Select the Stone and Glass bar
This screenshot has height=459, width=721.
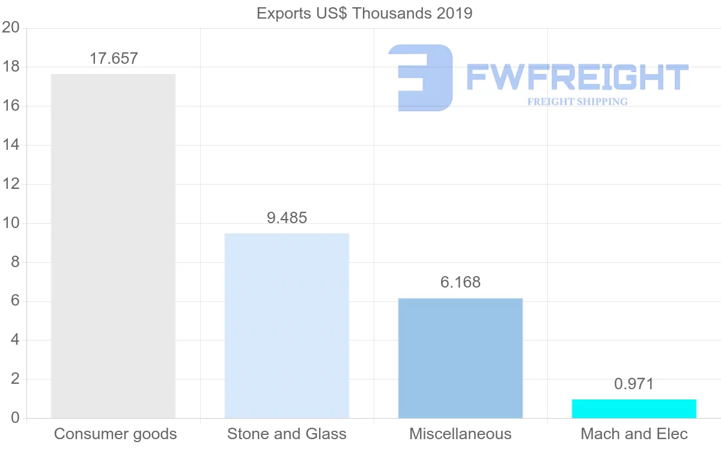tap(287, 325)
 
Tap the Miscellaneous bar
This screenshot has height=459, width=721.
tap(460, 358)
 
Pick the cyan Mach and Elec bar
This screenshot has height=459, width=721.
tap(634, 408)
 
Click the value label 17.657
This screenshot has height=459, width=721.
tap(114, 59)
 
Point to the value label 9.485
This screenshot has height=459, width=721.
tap(287, 218)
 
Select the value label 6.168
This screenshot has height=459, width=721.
tap(460, 282)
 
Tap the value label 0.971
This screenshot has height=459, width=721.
tap(634, 384)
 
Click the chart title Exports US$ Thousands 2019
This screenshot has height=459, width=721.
tap(365, 13)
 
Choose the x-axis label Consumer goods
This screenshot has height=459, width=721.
tap(115, 434)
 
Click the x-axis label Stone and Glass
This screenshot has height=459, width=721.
tap(287, 434)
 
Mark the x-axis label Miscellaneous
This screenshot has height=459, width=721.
tap(460, 434)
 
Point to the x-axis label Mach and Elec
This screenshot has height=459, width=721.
tap(634, 434)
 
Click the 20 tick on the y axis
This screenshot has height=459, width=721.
tap(11, 28)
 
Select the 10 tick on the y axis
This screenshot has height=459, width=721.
tap(11, 223)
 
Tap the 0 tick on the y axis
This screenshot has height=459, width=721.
tap(15, 418)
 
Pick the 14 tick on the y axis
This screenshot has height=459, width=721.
tap(11, 145)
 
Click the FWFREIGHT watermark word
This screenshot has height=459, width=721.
tap(577, 78)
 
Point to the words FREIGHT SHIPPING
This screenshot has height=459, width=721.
tap(577, 102)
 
